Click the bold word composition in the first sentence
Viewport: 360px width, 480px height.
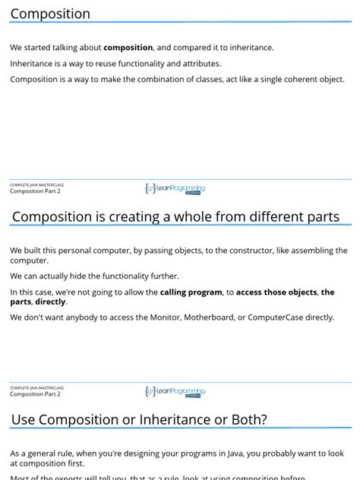tap(128, 48)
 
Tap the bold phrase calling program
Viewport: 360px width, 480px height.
tap(191, 292)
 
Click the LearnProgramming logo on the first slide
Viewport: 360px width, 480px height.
tap(175, 188)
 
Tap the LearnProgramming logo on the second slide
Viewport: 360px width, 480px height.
tap(175, 391)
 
